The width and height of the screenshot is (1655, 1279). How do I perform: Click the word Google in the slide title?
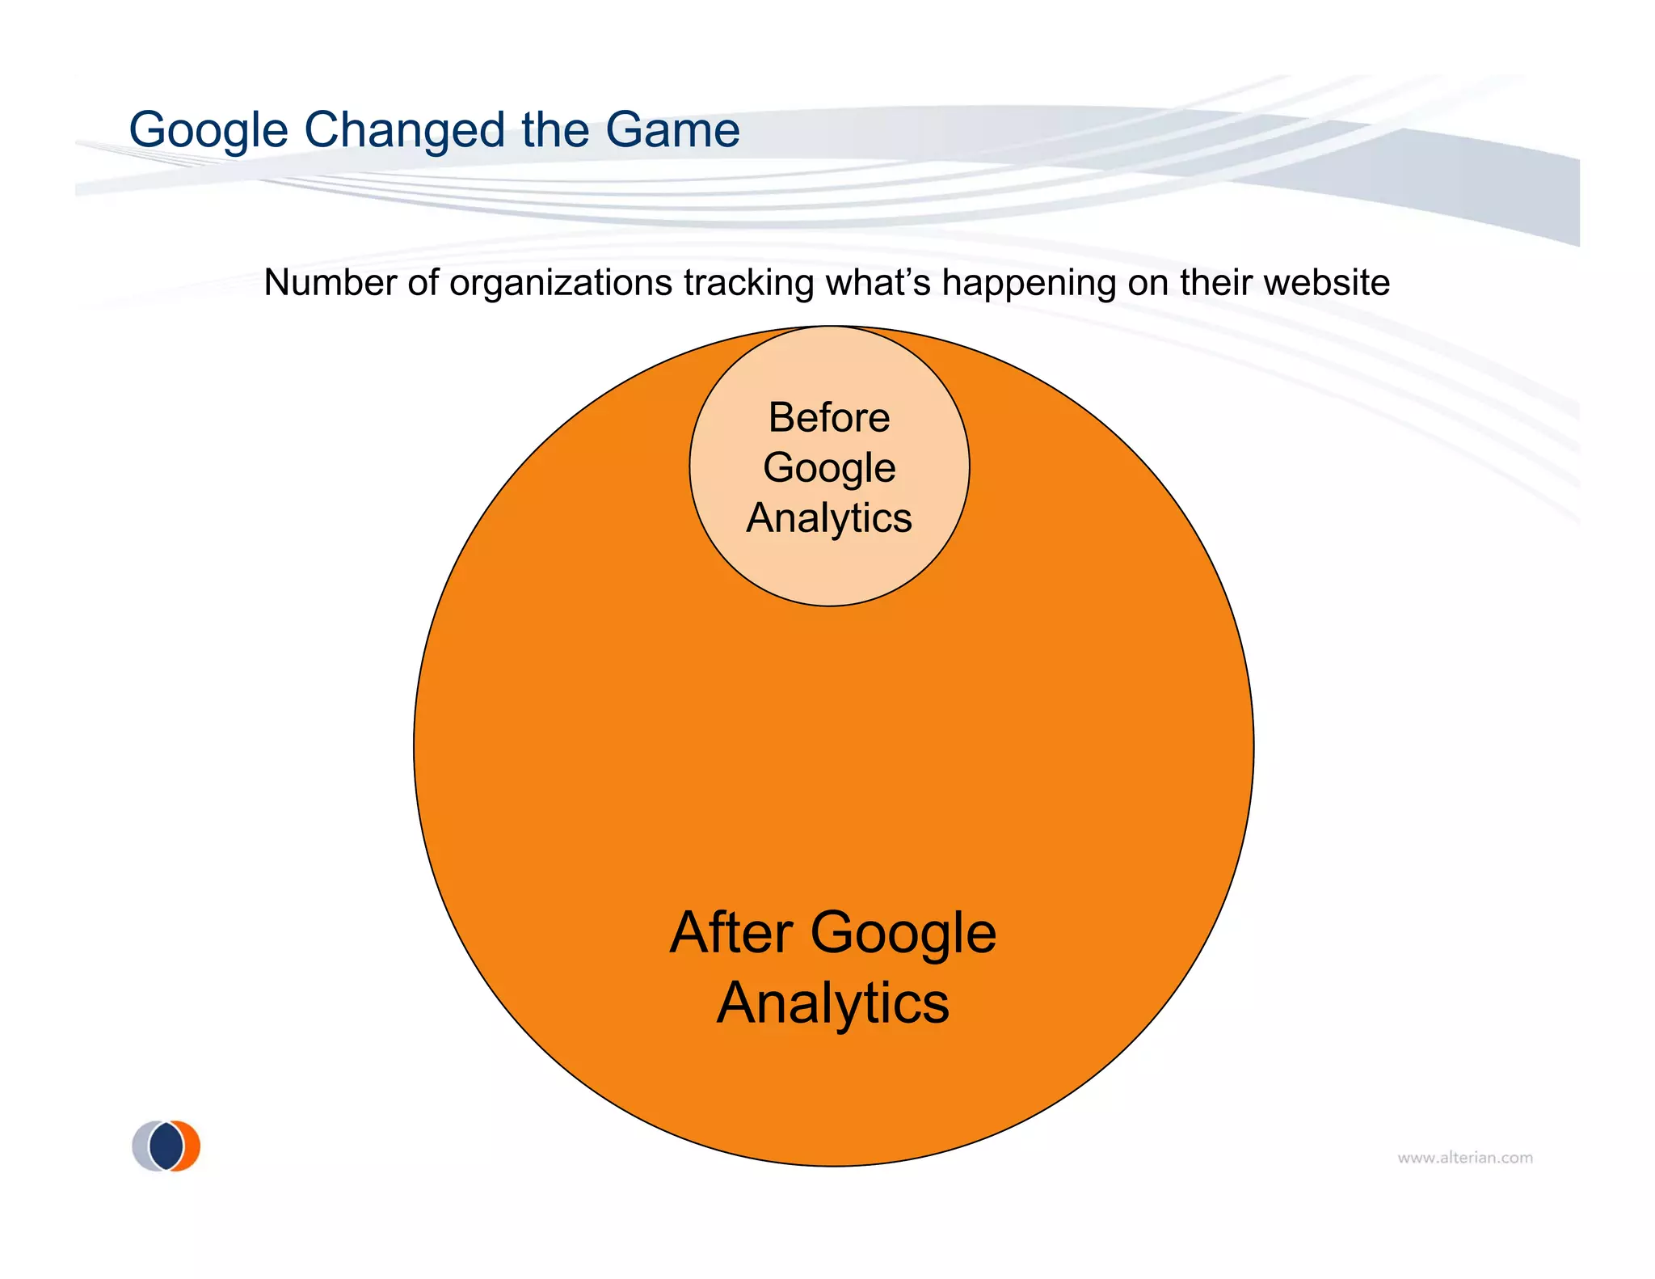tap(208, 131)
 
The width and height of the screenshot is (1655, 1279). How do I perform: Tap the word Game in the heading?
tap(672, 131)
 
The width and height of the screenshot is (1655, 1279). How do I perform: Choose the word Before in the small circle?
tap(829, 418)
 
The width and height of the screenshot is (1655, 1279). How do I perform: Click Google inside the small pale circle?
tap(829, 468)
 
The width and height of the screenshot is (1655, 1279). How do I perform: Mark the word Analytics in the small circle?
tap(829, 518)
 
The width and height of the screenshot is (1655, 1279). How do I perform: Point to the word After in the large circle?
tap(731, 933)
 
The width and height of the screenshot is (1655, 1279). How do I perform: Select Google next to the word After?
tap(903, 933)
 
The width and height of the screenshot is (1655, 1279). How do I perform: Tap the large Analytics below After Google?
tap(833, 1003)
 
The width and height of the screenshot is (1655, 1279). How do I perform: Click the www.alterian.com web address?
tap(1465, 1158)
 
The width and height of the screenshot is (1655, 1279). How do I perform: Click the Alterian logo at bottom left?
tap(166, 1146)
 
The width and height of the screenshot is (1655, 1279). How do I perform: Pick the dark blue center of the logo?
tap(166, 1146)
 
